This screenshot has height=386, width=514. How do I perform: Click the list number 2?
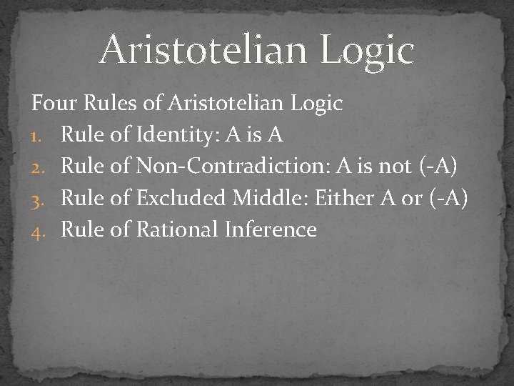[x=38, y=167]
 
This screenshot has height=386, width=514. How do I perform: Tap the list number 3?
[x=38, y=199]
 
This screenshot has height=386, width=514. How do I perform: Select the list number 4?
[x=38, y=230]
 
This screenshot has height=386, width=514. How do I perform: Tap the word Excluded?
[x=181, y=198]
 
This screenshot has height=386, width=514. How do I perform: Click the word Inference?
[x=271, y=229]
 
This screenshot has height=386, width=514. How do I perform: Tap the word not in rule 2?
[x=395, y=167]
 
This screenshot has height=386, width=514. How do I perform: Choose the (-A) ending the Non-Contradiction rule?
[x=438, y=167]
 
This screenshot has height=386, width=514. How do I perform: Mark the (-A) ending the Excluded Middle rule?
[x=450, y=198]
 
